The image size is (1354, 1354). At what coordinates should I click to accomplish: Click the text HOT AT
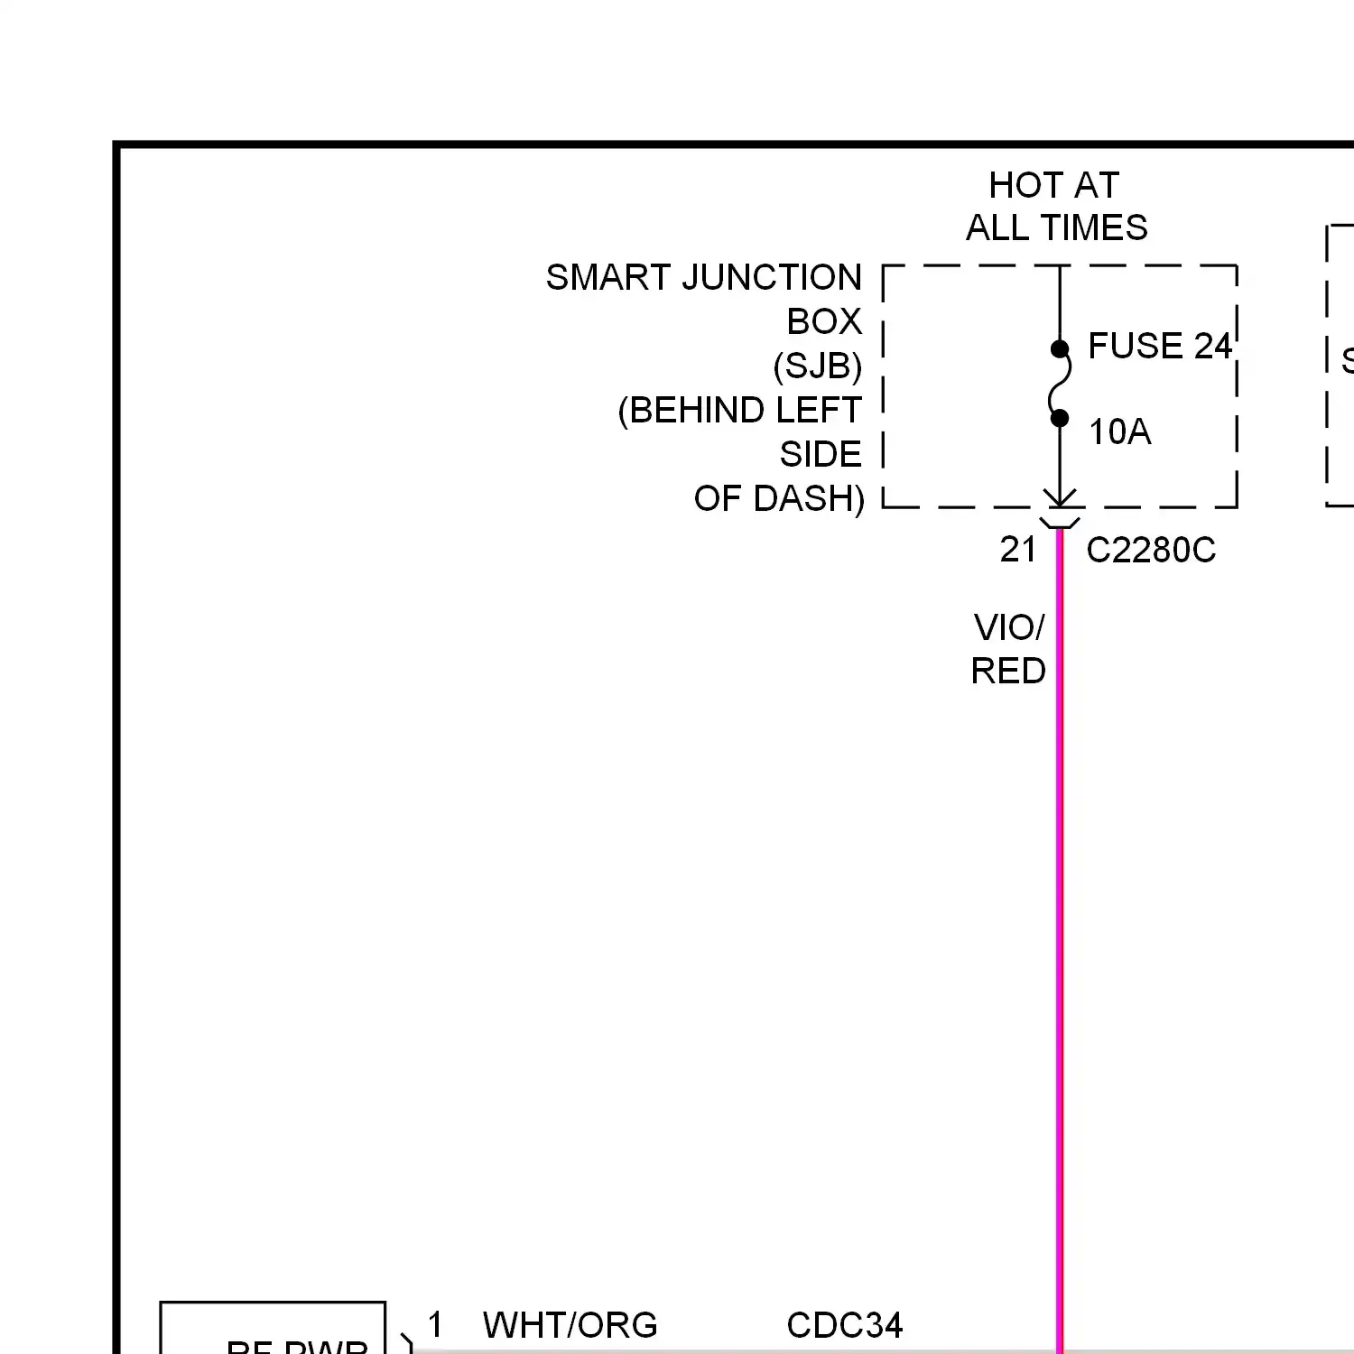tap(1053, 185)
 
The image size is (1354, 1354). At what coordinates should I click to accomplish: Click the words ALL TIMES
tap(1056, 227)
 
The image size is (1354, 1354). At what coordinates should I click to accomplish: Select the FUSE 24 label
tap(1159, 346)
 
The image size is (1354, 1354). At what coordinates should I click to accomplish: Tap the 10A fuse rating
tap(1119, 431)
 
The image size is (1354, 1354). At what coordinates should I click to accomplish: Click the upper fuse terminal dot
tap(1060, 349)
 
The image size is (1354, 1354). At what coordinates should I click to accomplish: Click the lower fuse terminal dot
tap(1060, 418)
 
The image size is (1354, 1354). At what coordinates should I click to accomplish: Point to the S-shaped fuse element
tap(1060, 384)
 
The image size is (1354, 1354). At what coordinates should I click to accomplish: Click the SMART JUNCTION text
tap(703, 277)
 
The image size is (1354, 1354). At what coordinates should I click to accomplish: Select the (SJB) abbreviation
tap(817, 366)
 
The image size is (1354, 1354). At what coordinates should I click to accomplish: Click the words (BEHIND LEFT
tap(739, 410)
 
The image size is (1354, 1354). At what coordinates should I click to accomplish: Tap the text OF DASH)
tap(778, 498)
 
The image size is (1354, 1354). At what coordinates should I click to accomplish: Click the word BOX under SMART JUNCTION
tap(823, 321)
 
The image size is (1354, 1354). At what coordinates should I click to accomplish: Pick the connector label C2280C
tap(1150, 550)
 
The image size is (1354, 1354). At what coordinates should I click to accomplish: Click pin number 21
tap(1018, 549)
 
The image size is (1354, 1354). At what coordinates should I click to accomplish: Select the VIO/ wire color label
tap(1008, 627)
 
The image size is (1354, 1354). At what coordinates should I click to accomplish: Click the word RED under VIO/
tap(1007, 671)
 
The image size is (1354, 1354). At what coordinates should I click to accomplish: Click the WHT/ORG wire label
tap(570, 1325)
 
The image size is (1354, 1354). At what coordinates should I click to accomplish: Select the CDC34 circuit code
tap(844, 1325)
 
